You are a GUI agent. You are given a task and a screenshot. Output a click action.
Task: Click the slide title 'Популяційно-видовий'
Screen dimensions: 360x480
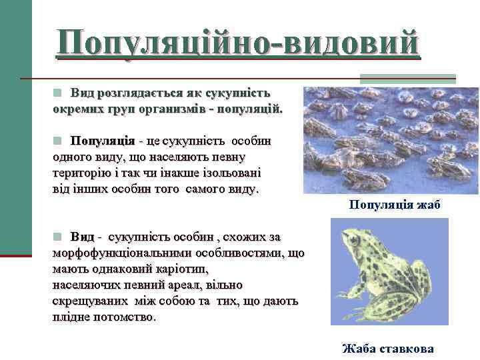coord(238,43)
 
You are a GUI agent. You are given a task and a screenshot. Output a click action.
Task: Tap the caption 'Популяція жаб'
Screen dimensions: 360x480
coord(394,205)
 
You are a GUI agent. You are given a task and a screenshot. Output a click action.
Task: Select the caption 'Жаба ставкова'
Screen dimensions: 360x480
coord(387,349)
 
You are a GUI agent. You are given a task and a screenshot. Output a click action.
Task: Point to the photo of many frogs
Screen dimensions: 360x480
coord(379,140)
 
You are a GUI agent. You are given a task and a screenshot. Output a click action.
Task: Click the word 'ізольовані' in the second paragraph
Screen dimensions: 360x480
coord(231,173)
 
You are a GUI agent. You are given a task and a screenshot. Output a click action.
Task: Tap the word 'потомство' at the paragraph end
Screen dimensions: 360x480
coord(123,317)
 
